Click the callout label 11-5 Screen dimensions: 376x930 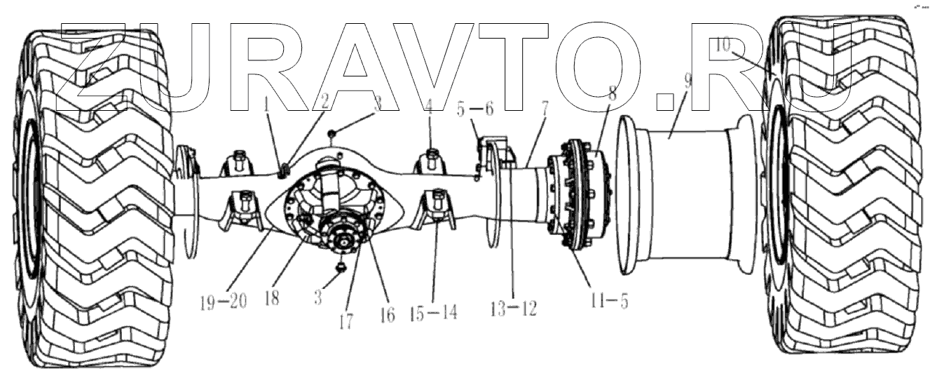(x=607, y=302)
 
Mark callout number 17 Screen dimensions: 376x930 (x=346, y=321)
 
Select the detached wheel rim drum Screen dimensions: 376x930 (x=683, y=196)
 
